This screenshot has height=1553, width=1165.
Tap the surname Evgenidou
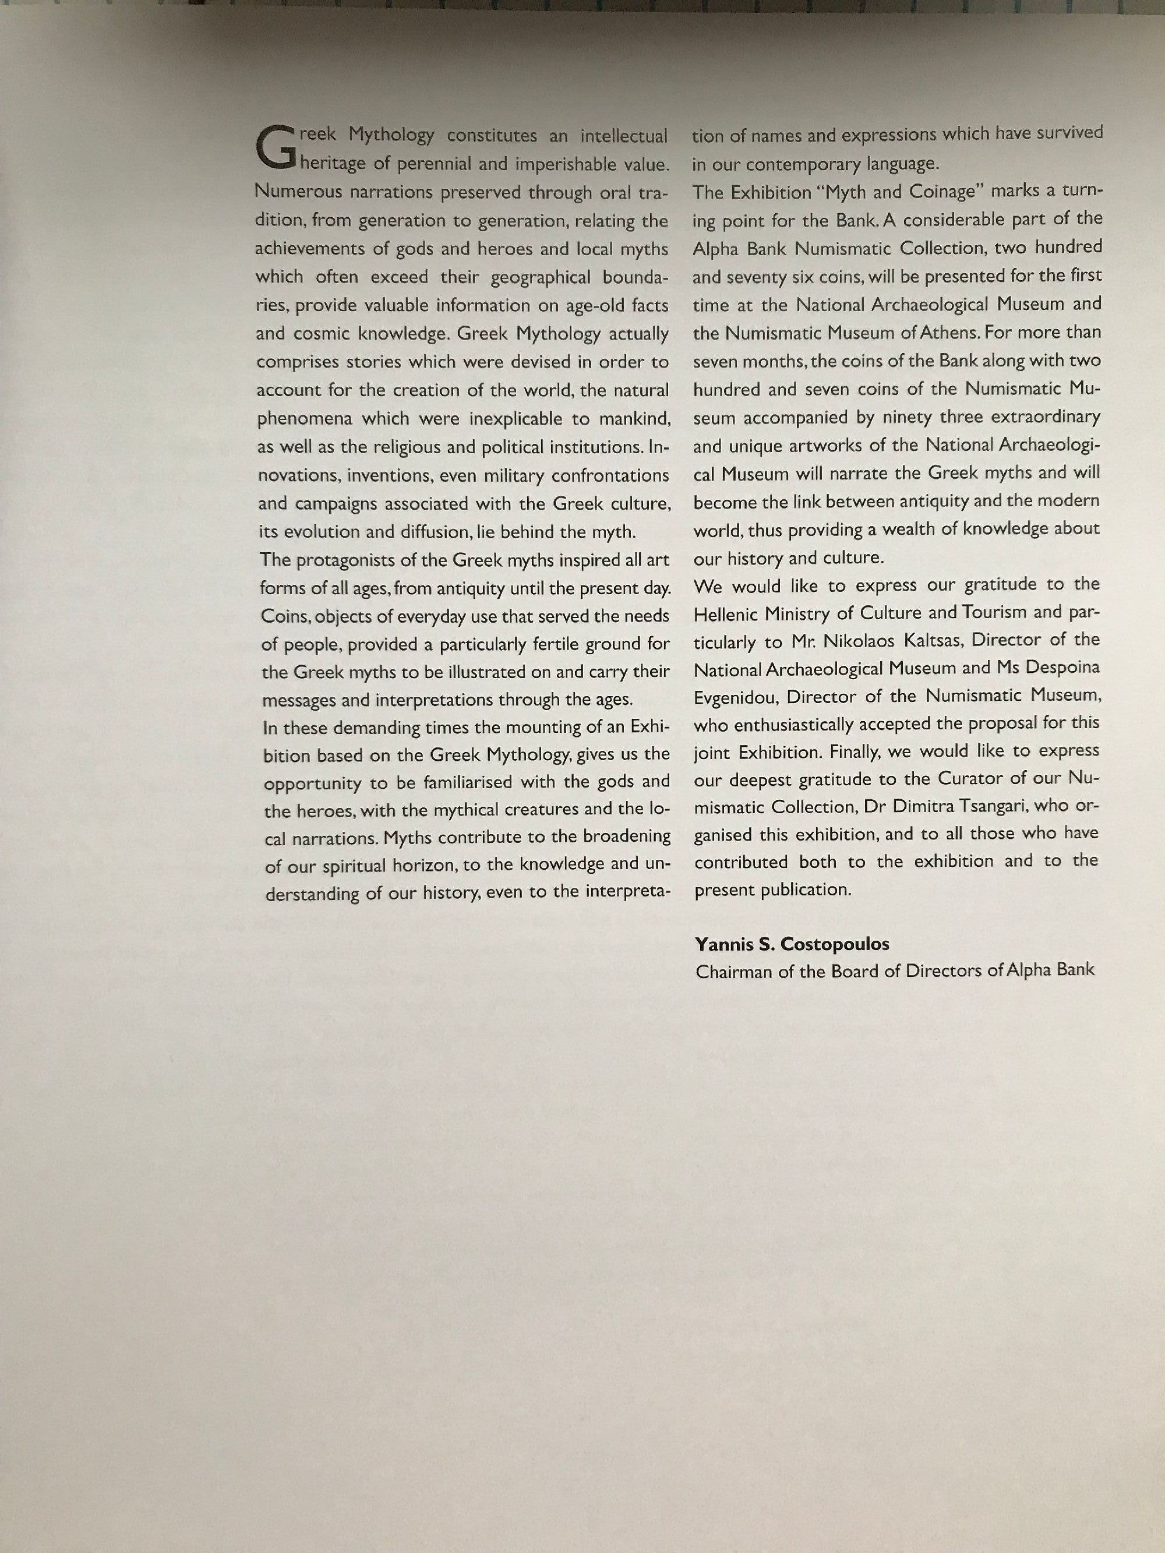(x=735, y=697)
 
